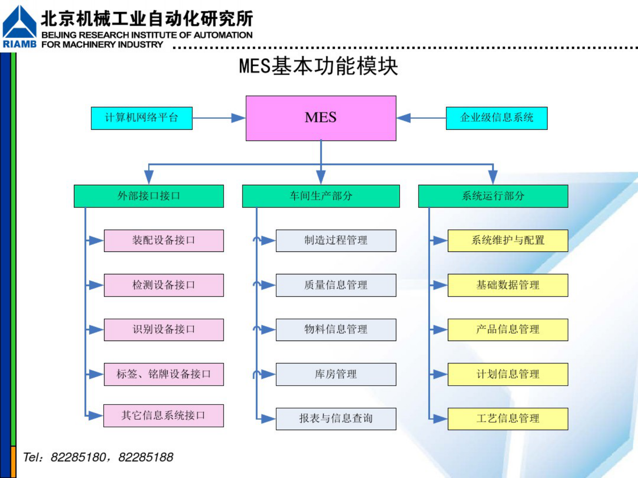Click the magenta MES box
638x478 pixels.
pos(321,118)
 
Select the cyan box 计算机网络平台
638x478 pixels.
pos(142,118)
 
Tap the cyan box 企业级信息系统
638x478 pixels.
pos(496,118)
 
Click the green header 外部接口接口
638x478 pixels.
pos(149,196)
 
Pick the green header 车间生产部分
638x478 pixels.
pos(321,196)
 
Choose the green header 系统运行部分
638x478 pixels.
pos(493,196)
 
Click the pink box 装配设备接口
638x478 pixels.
pos(164,241)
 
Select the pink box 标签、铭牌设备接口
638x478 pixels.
pos(164,374)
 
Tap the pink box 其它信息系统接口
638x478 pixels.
pos(164,415)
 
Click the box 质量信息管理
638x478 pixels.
pos(336,285)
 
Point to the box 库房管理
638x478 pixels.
pos(336,374)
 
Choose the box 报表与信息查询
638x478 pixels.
pos(336,419)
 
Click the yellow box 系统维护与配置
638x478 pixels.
pos(508,241)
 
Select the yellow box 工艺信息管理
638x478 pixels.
pos(508,419)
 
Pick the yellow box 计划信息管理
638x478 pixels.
pos(508,374)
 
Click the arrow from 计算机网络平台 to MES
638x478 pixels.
pos(219,118)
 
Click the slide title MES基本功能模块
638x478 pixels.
pos(318,66)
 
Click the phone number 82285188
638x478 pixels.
pos(146,457)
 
